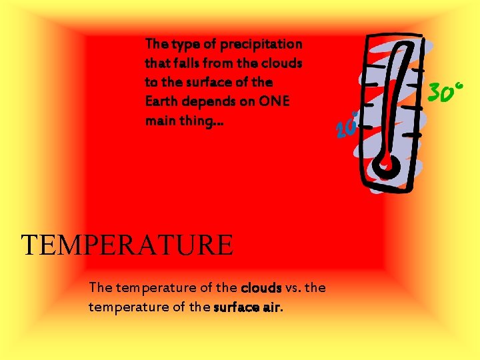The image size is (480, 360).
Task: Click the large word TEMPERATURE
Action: pos(127,245)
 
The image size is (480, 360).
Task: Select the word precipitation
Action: pos(261,44)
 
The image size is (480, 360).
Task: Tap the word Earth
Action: pos(161,101)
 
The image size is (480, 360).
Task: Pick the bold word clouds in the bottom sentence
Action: pos(261,288)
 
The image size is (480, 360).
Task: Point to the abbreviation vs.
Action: pos(293,288)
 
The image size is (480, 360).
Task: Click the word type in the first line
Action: pos(185,45)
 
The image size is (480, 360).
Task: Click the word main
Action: pos(159,121)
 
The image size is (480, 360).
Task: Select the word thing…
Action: pos(197,121)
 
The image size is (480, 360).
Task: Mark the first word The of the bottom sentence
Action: pos(101,288)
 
